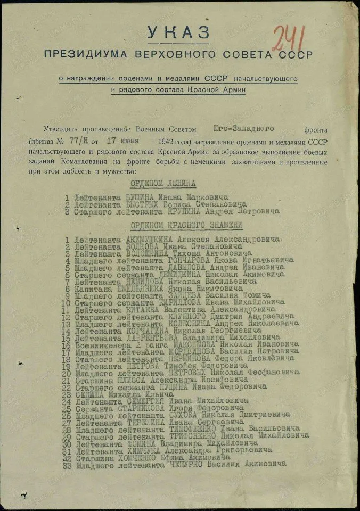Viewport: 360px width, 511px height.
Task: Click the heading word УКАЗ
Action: coord(178,32)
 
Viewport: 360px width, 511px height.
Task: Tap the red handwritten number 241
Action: coord(289,38)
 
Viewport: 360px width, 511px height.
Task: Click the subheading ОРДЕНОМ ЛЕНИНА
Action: coord(164,184)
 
